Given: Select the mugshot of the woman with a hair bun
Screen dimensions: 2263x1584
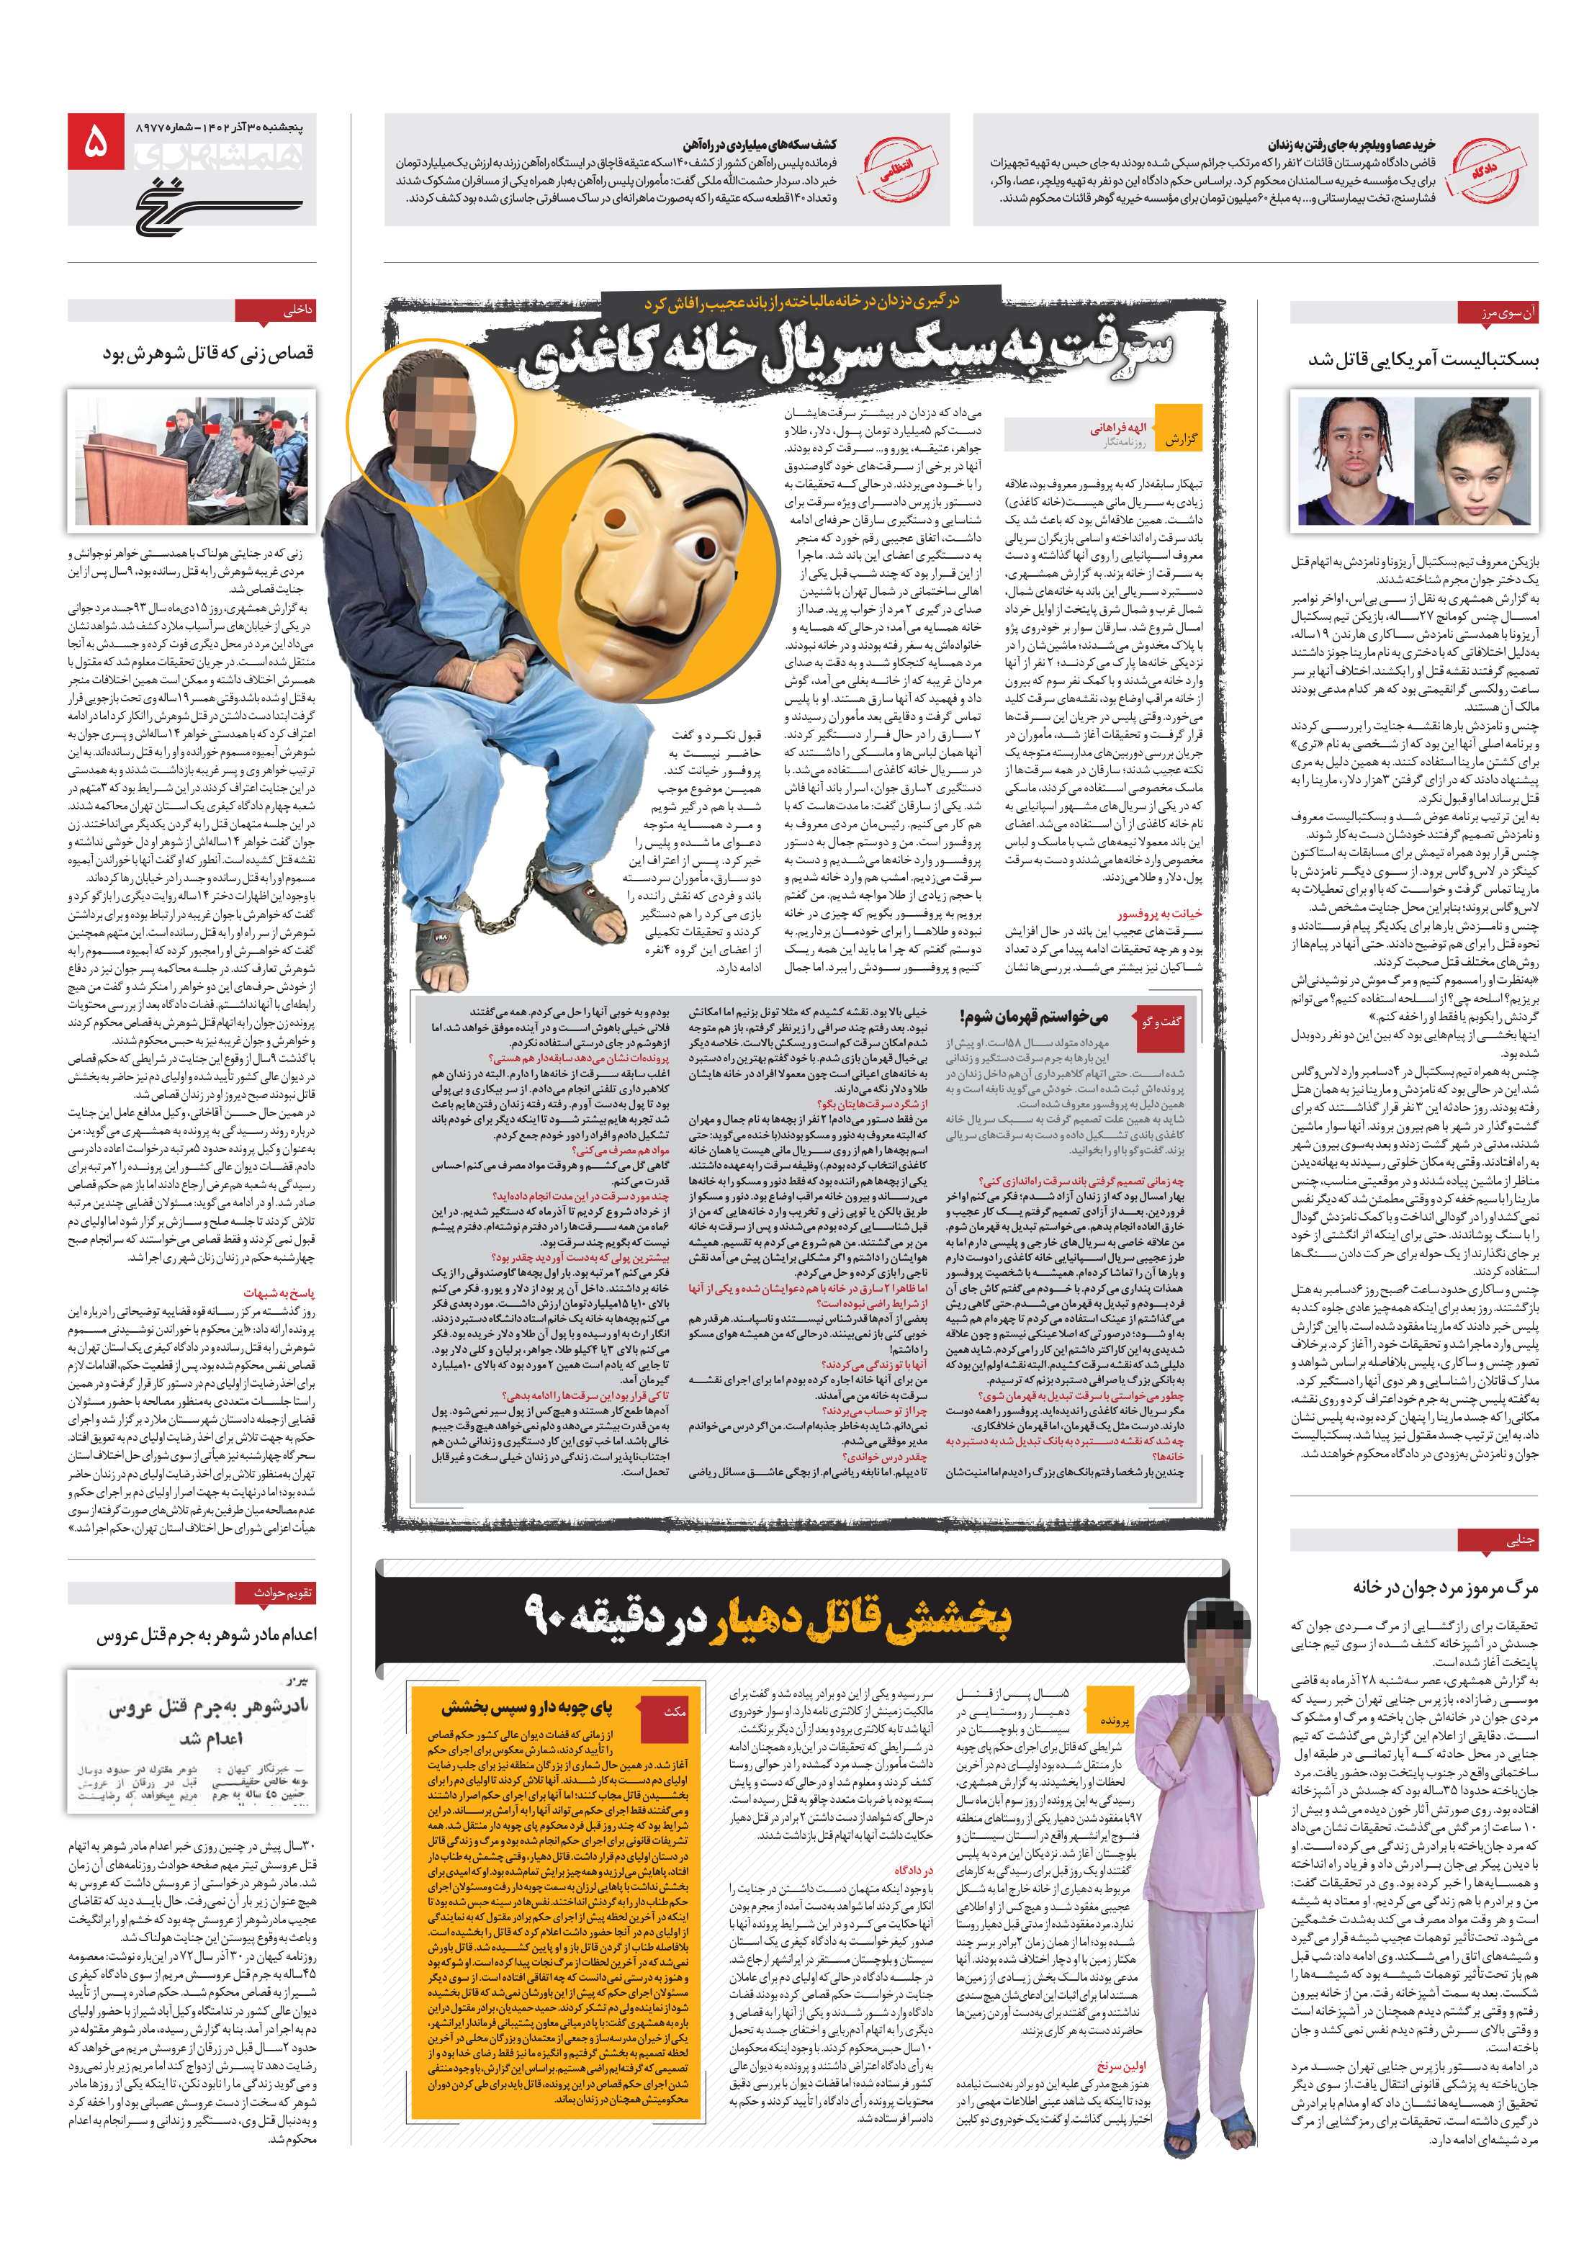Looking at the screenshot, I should [1475, 460].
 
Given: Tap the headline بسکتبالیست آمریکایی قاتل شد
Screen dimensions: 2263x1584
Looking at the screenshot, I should [1422, 361].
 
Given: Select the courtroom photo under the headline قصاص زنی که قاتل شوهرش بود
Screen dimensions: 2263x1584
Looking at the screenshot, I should [192, 459].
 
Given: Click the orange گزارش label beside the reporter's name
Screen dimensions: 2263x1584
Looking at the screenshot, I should [1178, 438].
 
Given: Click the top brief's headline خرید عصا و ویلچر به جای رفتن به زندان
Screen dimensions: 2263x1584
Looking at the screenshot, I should [1351, 144].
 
